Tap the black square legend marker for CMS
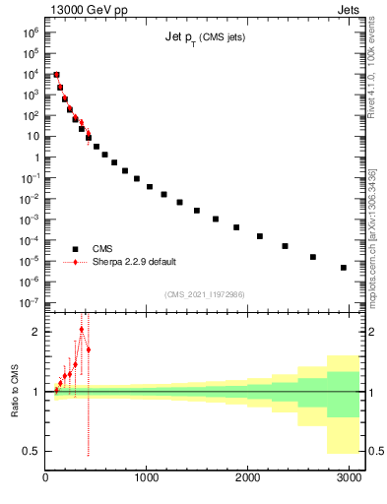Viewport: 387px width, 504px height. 75,249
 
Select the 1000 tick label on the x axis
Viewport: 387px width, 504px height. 147,478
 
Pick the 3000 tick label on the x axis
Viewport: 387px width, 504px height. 348,478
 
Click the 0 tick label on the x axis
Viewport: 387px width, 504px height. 46,478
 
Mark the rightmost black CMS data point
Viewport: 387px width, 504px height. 344,268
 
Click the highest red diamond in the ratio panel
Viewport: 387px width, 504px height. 82,329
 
